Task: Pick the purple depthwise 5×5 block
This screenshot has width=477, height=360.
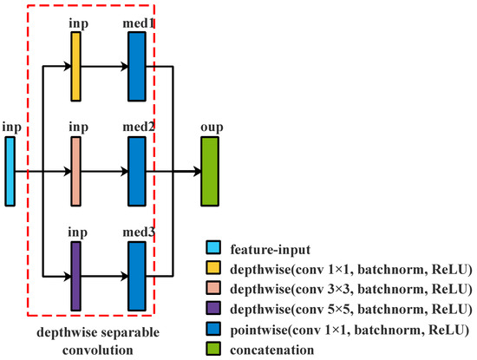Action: point(75,276)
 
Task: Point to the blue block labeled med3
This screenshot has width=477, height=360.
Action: point(136,276)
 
